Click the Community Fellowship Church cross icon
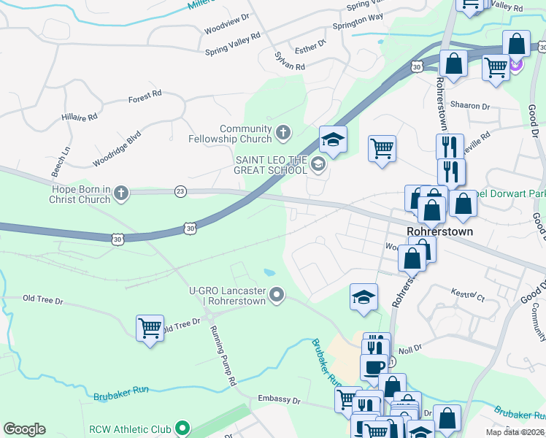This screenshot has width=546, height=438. click(x=283, y=134)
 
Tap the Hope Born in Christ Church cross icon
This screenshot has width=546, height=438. click(x=120, y=193)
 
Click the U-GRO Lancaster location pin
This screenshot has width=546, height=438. click(x=277, y=295)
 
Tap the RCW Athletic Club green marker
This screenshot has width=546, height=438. click(x=184, y=429)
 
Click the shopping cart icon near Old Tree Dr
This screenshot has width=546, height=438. click(x=150, y=329)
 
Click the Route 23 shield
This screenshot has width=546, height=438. click(x=180, y=191)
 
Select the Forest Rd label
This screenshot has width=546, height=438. click(x=145, y=96)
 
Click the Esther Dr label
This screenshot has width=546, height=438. click(x=310, y=47)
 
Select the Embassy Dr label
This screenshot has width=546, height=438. click(x=279, y=401)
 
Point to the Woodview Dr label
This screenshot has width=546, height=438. click(x=227, y=16)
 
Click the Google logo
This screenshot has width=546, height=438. click(x=24, y=429)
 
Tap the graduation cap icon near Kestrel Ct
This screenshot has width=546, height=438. click(x=364, y=297)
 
